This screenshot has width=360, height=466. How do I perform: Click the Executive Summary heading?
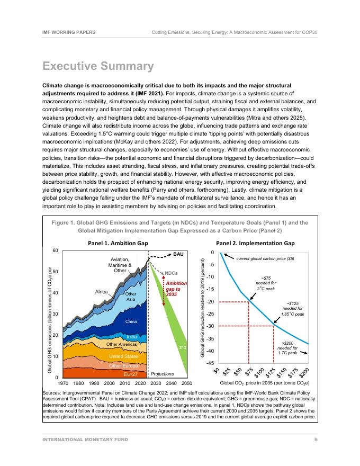pyautogui.click(x=98, y=67)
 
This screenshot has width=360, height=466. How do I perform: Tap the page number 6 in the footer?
pyautogui.click(x=316, y=440)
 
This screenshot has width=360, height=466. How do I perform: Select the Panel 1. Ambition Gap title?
pyautogui.click(x=117, y=243)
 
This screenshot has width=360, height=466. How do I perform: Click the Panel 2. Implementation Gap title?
pyautogui.click(x=256, y=243)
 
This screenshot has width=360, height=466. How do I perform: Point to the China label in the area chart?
pyautogui.click(x=131, y=321)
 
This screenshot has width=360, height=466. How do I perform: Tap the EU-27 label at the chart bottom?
pyautogui.click(x=123, y=374)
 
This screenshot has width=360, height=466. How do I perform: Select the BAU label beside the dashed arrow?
pyautogui.click(x=178, y=254)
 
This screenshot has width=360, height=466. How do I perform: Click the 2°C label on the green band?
pyautogui.click(x=182, y=348)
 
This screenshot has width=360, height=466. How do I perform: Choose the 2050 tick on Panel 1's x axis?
pyautogui.click(x=186, y=382)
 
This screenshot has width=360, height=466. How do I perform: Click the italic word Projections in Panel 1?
pyautogui.click(x=163, y=373)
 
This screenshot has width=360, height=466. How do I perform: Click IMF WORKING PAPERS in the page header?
pyautogui.click(x=69, y=32)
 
